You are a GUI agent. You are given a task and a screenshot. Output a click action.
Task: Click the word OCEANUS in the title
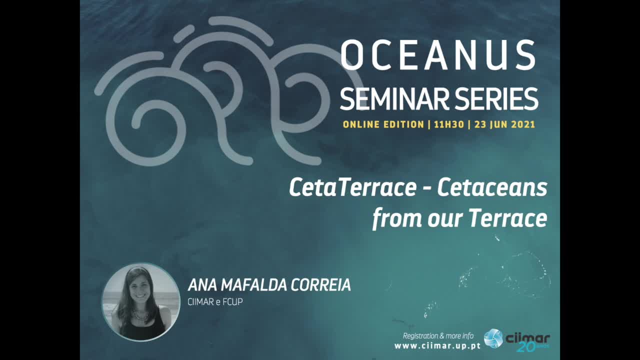point(437,54)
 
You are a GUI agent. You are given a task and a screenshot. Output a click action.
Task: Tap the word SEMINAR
point(394,99)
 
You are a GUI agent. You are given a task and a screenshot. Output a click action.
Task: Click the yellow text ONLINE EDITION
point(383,124)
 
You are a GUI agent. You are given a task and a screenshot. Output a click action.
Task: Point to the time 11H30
point(449,124)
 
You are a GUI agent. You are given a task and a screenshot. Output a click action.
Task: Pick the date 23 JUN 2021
point(504,124)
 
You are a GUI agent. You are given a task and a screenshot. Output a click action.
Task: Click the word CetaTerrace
point(353,187)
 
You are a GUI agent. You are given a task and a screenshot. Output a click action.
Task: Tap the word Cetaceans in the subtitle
point(492,187)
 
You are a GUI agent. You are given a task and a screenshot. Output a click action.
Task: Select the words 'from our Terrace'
point(459,218)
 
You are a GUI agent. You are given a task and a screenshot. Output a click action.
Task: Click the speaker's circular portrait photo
point(141,302)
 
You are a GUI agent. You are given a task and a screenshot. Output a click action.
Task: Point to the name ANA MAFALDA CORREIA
point(269,285)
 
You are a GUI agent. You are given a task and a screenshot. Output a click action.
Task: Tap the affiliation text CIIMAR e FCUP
point(215,302)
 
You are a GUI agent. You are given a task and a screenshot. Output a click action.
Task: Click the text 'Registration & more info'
point(438,336)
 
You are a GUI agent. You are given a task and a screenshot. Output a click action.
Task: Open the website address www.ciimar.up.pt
point(437,346)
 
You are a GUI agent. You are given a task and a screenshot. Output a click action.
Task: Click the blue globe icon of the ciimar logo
point(493,338)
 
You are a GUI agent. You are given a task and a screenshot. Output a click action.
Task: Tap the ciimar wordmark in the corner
point(527,338)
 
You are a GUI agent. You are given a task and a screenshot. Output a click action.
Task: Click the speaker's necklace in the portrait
point(140,315)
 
